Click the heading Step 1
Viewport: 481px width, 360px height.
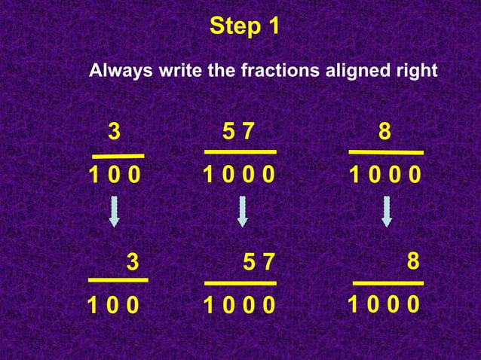[245, 26]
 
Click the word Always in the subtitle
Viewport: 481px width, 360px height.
[121, 72]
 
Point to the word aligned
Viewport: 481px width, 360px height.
[354, 72]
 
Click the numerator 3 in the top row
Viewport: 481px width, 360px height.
[114, 132]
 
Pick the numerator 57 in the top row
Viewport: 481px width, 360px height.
[239, 132]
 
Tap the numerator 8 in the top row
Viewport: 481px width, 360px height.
[384, 132]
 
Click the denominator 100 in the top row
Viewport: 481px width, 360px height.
[114, 176]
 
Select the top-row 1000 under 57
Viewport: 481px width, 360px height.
[239, 176]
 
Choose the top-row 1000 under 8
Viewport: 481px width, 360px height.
[384, 176]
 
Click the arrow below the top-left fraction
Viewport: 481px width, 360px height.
[114, 212]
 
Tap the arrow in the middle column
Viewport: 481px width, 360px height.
[242, 212]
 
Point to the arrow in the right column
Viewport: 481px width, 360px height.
[387, 212]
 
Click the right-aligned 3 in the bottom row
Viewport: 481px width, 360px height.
[133, 262]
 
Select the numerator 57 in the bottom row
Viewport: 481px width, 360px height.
[260, 263]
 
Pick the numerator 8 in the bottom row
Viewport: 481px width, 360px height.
[412, 261]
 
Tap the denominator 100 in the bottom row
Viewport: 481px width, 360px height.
[113, 306]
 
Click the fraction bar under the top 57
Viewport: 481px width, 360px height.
[240, 152]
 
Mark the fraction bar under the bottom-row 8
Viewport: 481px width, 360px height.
[388, 283]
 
